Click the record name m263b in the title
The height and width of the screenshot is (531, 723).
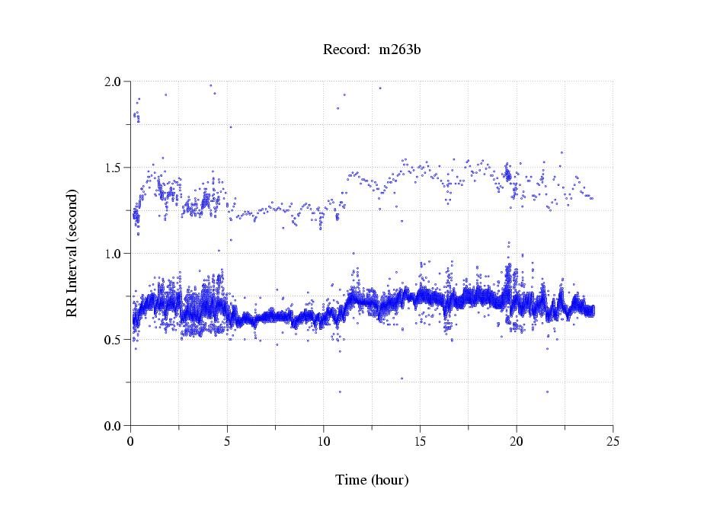tap(400, 50)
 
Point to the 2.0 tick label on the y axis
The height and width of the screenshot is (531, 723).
tap(113, 82)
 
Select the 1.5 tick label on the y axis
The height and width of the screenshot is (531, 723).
tap(113, 168)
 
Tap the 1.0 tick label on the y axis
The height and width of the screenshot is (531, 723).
tap(113, 254)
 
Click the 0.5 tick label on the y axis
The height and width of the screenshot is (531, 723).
tap(113, 340)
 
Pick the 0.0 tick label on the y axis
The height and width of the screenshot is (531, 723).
tap(113, 426)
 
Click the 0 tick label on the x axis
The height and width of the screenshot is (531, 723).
tap(131, 441)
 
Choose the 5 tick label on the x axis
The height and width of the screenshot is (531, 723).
tap(227, 441)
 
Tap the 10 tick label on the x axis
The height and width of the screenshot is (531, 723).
tap(324, 441)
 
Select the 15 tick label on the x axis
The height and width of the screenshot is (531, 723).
tap(421, 441)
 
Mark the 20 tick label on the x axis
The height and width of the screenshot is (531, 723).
tap(517, 441)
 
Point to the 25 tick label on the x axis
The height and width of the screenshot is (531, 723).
tap(613, 441)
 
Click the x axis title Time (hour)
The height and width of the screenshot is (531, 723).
tap(372, 480)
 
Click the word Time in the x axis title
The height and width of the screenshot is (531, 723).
tap(351, 480)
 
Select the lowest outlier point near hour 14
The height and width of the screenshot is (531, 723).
tap(401, 378)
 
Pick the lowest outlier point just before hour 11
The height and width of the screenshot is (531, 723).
tap(340, 392)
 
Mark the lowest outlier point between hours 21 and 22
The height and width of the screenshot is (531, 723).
tap(547, 392)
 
